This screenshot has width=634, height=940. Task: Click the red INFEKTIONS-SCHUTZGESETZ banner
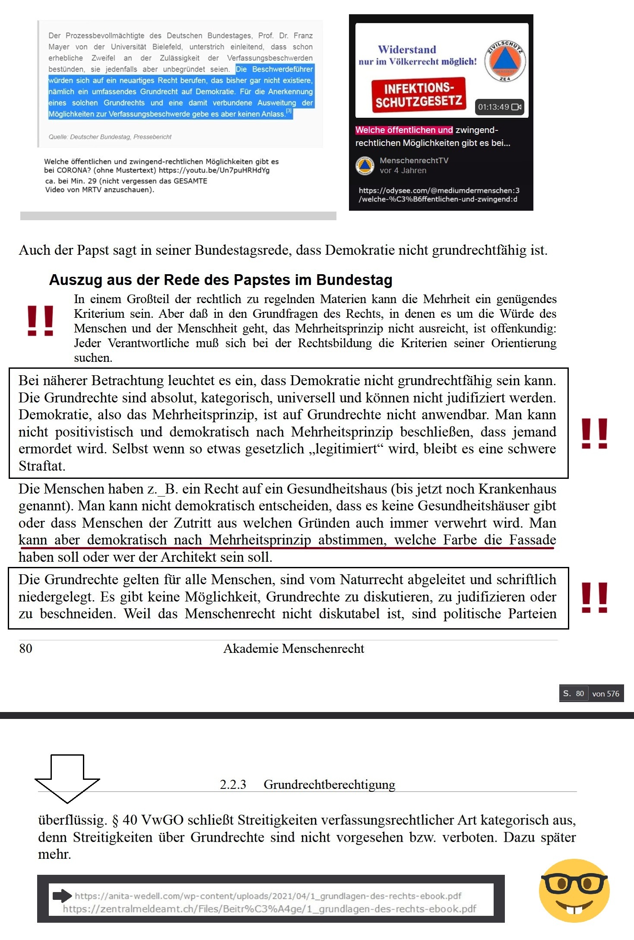(x=418, y=95)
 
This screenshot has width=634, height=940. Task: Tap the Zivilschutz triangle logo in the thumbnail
(x=505, y=62)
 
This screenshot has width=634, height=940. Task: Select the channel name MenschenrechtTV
(x=414, y=161)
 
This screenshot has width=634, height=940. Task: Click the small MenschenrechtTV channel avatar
(x=365, y=165)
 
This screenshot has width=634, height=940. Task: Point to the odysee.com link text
(x=438, y=195)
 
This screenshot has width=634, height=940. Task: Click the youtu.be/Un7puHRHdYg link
(x=214, y=170)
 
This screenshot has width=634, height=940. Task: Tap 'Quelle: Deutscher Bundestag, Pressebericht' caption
(x=110, y=137)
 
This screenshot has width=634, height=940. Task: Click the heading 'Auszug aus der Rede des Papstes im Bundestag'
(x=221, y=280)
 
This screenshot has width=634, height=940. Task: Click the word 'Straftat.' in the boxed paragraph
(x=42, y=466)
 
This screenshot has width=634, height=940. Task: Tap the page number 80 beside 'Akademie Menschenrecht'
(x=25, y=649)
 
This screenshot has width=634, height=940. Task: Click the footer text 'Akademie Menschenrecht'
(x=294, y=649)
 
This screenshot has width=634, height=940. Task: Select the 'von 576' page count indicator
(x=605, y=693)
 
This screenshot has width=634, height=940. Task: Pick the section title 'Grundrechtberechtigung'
(x=329, y=785)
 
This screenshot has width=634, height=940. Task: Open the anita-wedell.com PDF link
(x=268, y=896)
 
